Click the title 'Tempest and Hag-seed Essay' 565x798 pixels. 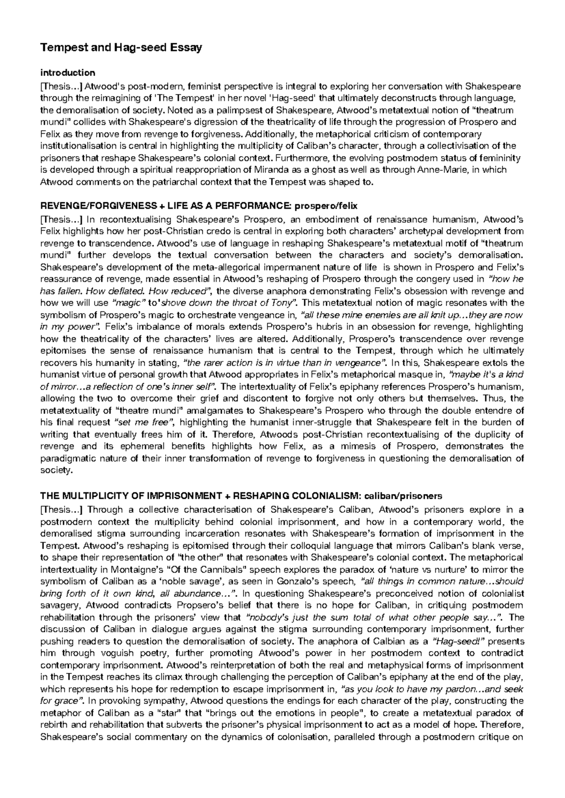click(x=121, y=48)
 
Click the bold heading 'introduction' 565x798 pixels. click(x=68, y=72)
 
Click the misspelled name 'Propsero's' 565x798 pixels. click(x=182, y=606)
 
